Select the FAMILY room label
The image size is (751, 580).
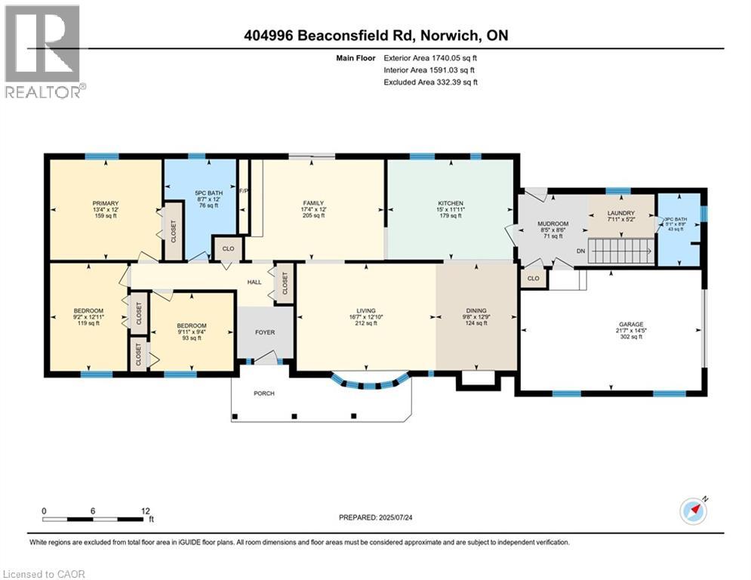point(313,202)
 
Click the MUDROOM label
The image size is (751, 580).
point(552,224)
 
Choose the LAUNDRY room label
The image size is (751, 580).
point(621,213)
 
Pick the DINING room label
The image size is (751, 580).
point(476,310)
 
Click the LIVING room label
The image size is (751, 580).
point(366,310)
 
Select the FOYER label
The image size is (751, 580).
point(264,332)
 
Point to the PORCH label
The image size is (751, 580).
point(264,393)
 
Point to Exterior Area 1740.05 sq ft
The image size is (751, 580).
point(430,57)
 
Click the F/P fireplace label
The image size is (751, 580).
point(243,191)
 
